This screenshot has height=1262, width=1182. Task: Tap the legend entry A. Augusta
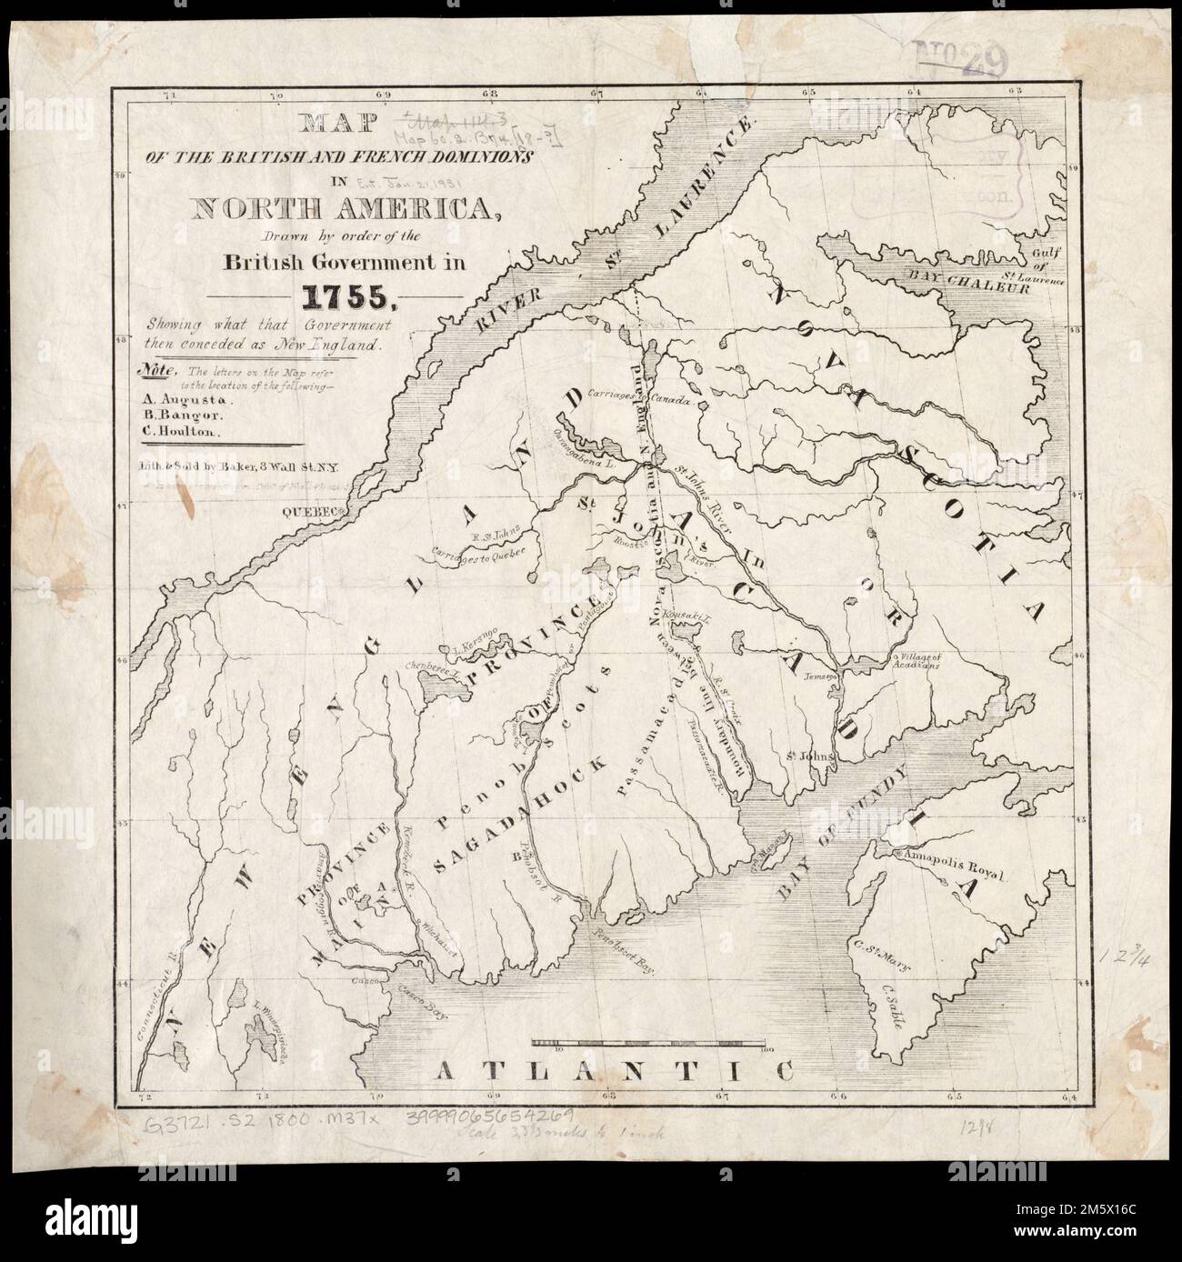click(x=175, y=398)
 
